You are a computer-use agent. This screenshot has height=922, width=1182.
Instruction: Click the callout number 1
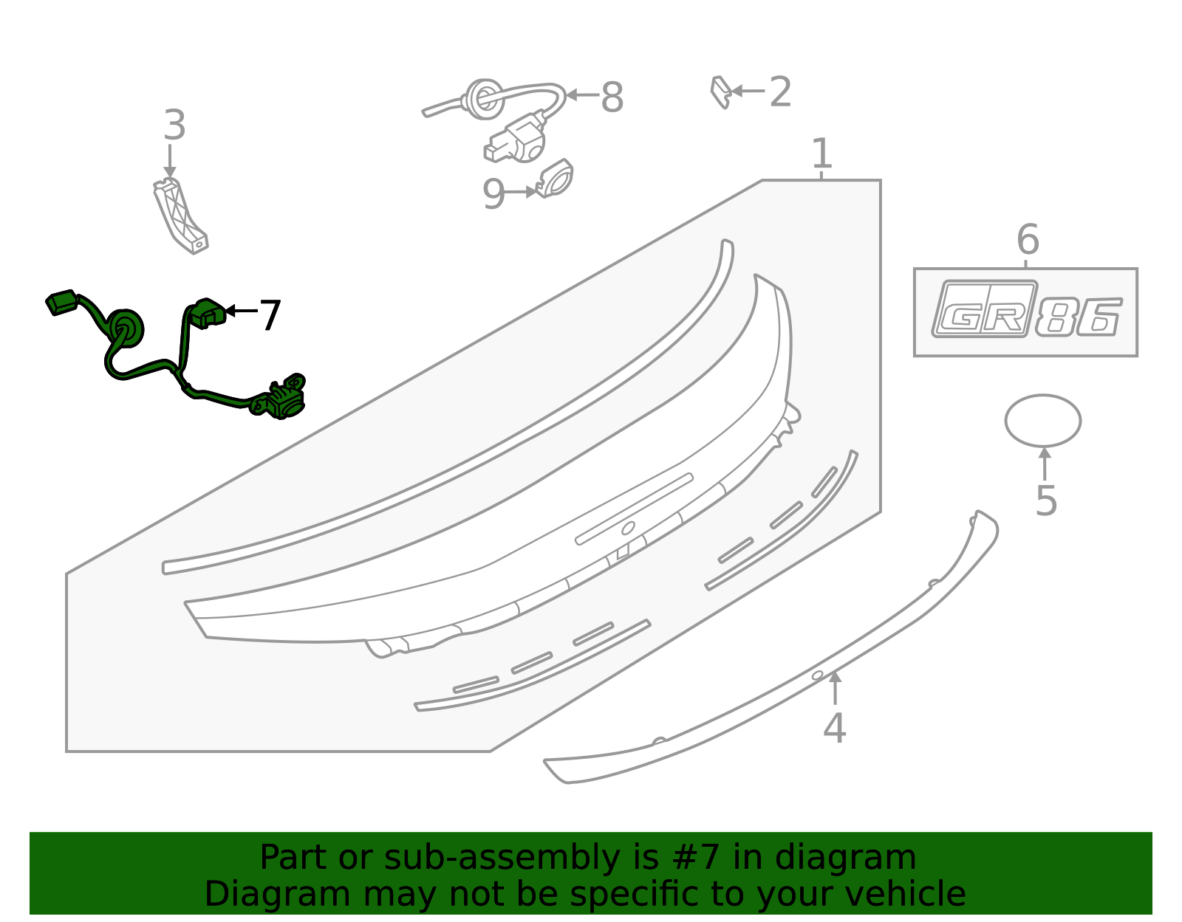click(821, 153)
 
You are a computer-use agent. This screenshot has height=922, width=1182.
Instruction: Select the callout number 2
click(781, 92)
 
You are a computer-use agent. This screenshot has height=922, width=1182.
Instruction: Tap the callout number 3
click(174, 125)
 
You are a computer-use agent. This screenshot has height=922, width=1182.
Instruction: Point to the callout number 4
click(834, 728)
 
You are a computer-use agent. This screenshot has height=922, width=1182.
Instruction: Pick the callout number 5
click(1046, 500)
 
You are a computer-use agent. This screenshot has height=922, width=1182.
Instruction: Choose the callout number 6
click(1028, 239)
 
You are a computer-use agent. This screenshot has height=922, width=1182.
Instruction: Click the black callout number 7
click(270, 315)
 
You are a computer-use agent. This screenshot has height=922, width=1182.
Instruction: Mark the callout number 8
click(612, 97)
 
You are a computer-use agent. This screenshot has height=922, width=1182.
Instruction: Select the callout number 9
click(494, 194)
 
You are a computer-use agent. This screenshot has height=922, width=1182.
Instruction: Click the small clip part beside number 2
click(721, 92)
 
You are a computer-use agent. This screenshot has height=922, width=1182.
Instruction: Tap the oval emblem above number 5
click(1043, 421)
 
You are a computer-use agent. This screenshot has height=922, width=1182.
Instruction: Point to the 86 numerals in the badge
click(1078, 316)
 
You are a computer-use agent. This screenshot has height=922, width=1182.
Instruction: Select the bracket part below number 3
click(180, 216)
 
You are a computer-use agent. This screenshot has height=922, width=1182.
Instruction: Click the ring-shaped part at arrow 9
click(555, 178)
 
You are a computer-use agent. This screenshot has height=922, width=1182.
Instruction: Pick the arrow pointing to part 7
click(241, 311)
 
